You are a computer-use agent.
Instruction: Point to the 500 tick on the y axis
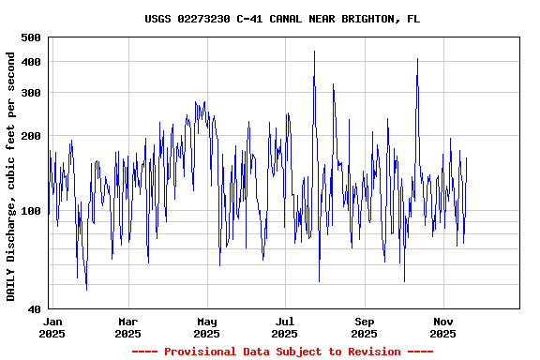tap(30, 37)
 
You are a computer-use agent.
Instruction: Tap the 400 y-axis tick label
tap(30, 62)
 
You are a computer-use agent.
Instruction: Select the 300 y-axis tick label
tap(30, 93)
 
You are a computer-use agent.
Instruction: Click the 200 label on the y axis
tap(30, 137)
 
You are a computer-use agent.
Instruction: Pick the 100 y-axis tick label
tap(30, 212)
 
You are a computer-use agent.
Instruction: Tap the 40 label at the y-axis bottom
tap(34, 309)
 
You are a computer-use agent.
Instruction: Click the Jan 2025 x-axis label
tap(52, 327)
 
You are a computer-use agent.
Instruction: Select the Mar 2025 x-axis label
tap(127, 327)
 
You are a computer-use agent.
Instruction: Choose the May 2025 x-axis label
tap(206, 327)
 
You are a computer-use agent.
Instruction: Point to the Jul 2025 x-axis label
tap(284, 327)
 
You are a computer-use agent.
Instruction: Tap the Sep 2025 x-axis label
tap(364, 327)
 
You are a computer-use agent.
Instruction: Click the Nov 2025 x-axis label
tap(442, 327)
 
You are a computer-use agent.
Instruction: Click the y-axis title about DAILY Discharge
tap(11, 176)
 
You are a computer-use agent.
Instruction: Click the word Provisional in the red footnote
tap(203, 352)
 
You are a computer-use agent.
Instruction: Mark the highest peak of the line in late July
tap(314, 52)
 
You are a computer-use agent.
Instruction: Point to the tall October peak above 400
tap(417, 59)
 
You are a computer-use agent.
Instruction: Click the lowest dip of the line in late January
tap(86, 289)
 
